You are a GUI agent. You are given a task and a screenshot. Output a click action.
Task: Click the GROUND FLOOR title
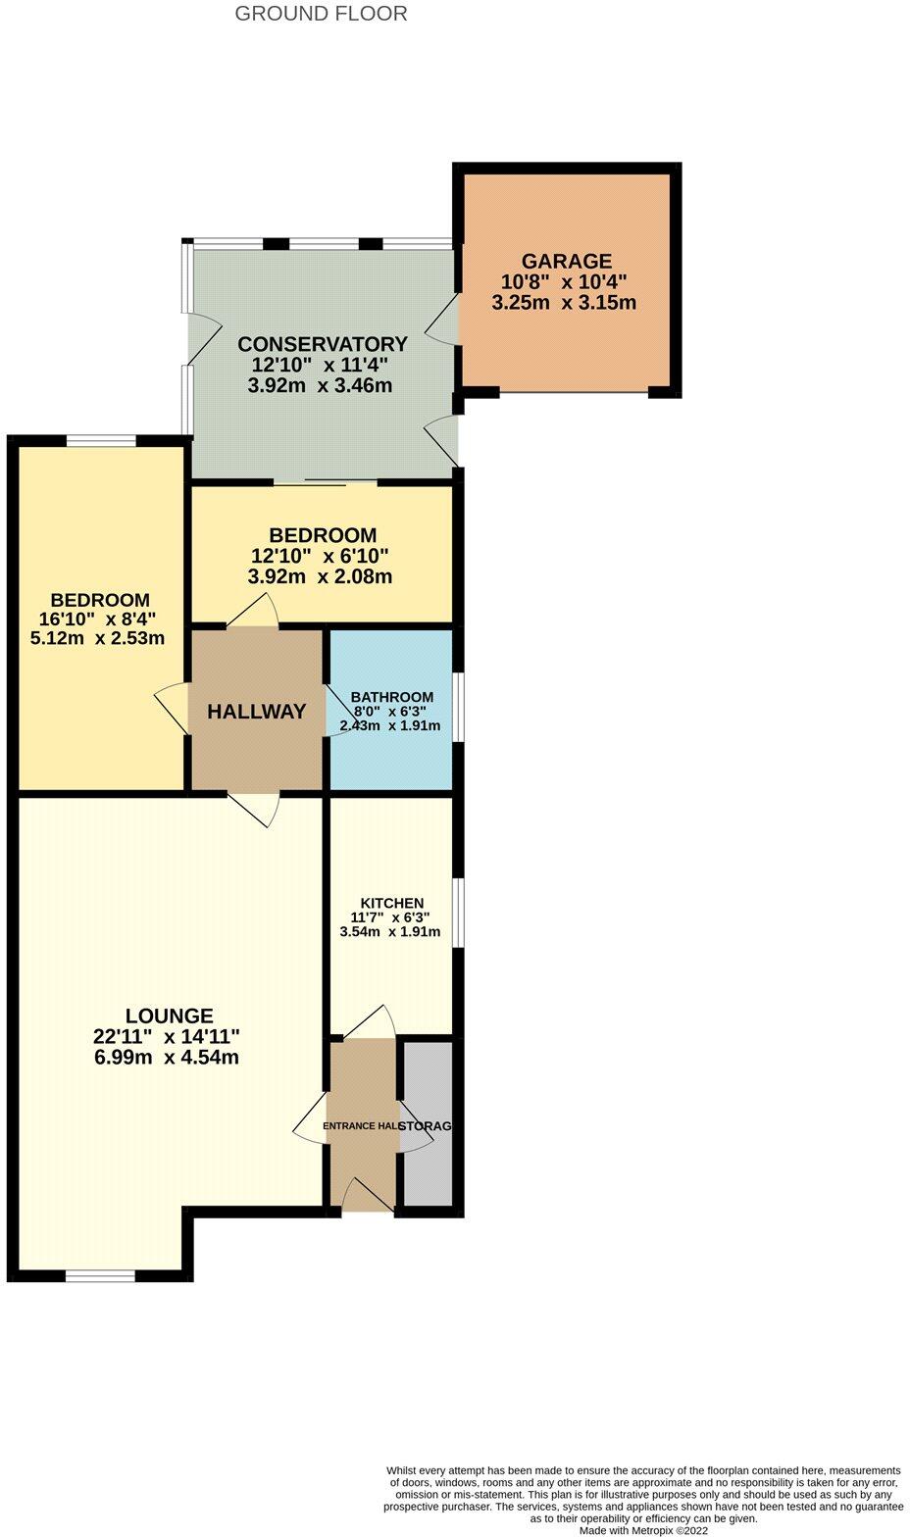pos(321,14)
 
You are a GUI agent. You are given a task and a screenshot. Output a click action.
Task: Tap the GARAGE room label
pos(566,261)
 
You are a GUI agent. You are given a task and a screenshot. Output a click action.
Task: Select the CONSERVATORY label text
pos(322,344)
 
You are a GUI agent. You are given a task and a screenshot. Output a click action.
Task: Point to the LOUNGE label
pos(169,1016)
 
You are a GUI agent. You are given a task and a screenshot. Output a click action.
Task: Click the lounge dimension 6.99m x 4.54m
pos(166,1058)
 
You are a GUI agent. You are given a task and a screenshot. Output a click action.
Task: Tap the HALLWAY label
pos(256,712)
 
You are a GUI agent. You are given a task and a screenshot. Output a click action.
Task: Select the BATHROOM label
pos(391,697)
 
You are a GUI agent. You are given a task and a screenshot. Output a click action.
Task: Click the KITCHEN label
pos(391,903)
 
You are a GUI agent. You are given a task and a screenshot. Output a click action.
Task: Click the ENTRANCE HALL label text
pos(361,1126)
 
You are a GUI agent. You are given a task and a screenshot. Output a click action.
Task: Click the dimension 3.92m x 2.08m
pos(320,576)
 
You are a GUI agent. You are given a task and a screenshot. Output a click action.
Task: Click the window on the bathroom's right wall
pos(459,706)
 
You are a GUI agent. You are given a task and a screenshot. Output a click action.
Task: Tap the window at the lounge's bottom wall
pos(100,1275)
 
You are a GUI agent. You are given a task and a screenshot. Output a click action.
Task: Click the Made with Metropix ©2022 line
pos(643,1529)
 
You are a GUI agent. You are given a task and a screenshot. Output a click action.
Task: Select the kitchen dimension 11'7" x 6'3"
pos(390,917)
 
